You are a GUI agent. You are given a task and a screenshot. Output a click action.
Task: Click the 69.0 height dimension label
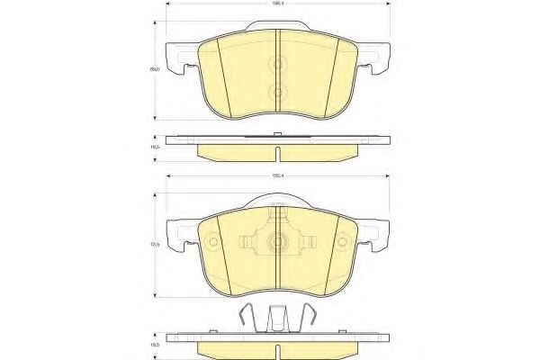[156, 68]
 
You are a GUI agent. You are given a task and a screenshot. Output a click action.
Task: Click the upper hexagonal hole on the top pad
[277, 65]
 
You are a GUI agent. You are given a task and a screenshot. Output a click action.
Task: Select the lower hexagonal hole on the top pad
[277, 91]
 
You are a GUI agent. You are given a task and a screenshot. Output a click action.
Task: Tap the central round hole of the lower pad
[277, 241]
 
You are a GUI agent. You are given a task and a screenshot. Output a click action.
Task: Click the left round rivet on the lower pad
[212, 242]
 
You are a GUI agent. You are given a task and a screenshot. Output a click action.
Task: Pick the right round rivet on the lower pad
[342, 242]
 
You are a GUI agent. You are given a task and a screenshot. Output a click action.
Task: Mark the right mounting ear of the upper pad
[378, 63]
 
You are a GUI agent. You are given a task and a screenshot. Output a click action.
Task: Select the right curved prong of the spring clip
[310, 314]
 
